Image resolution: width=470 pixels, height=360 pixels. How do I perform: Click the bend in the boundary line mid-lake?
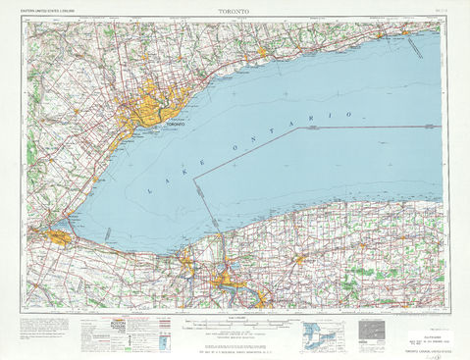(194, 178)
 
